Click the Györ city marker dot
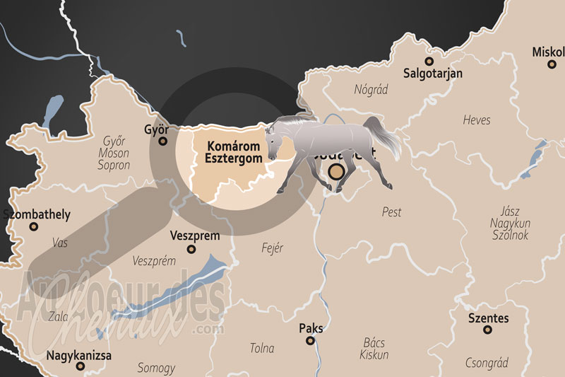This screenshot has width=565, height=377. click(163, 141)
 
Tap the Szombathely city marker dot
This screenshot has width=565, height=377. click(33, 226)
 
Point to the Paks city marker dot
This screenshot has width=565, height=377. click(310, 340)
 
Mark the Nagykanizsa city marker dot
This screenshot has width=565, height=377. click(81, 366)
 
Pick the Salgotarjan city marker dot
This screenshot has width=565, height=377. click(428, 61)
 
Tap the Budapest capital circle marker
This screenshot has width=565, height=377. click(337, 171)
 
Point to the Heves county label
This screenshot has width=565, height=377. click(477, 120)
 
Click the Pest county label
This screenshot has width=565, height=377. click(391, 211)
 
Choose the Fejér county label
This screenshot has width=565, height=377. click(272, 248)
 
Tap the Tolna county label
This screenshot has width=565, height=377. click(262, 348)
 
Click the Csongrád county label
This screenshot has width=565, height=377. click(487, 363)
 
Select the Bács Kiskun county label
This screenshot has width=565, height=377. click(374, 348)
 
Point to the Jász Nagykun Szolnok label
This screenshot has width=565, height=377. click(510, 224)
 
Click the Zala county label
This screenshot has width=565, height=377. click(59, 317)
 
